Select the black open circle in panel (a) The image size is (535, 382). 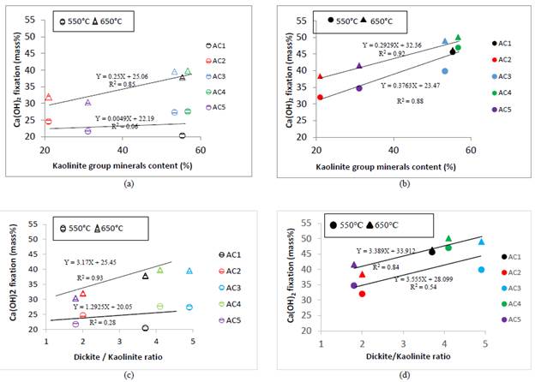(x=182, y=135)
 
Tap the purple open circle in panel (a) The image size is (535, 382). (x=87, y=131)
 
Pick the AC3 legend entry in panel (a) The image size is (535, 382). (x=218, y=76)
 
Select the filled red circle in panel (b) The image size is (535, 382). (x=320, y=97)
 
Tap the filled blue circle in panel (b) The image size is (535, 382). (x=444, y=71)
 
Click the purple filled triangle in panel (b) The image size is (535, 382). (x=358, y=66)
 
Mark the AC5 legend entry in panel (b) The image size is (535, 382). (x=504, y=109)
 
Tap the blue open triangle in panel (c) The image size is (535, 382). (x=189, y=271)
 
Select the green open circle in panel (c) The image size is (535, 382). (x=159, y=306)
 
